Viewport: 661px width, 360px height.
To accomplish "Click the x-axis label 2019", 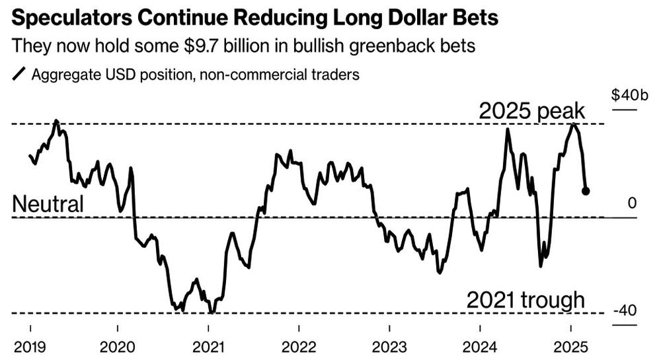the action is point(30,347).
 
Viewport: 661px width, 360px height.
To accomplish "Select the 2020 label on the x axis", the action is point(118,347).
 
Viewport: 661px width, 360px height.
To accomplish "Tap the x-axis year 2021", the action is point(208,347).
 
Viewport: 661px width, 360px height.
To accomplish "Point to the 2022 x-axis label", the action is point(299,347).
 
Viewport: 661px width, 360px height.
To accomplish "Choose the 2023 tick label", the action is point(389,347).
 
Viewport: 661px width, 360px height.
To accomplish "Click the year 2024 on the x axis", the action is point(480,347).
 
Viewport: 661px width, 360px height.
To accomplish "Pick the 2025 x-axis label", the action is point(570,347).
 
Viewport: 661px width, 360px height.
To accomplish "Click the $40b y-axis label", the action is point(630,95).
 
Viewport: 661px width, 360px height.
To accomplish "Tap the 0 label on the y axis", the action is point(632,203).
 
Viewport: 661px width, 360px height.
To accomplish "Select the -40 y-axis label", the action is point(625,310).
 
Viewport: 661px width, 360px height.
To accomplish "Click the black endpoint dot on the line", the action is point(586,191).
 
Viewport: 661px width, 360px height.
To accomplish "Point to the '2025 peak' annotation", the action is point(532,111).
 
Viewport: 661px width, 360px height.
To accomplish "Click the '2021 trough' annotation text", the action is point(525,301).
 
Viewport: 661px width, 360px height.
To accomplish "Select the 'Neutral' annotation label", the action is point(48,204).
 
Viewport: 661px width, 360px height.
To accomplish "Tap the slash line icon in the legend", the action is point(19,74).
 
